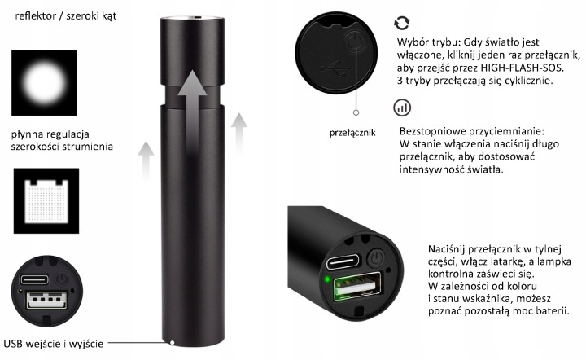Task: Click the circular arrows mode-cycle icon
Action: [x=402, y=23]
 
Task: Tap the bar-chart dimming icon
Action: [x=402, y=108]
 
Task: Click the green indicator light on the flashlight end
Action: [x=327, y=279]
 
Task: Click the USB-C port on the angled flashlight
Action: [x=343, y=261]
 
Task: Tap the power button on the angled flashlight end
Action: [x=376, y=258]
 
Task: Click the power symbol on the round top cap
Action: [x=354, y=41]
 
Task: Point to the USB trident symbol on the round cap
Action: [x=335, y=68]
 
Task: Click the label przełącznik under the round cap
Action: [x=352, y=133]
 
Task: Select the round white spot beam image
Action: [x=44, y=82]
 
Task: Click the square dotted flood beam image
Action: [x=46, y=200]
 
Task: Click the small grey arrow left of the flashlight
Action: [x=146, y=160]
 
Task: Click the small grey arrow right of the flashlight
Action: [x=239, y=133]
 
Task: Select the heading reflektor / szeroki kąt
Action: [x=66, y=16]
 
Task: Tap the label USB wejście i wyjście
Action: [x=54, y=344]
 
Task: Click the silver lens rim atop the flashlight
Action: [x=192, y=18]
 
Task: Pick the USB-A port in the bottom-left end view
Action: [x=46, y=300]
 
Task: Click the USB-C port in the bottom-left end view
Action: [x=34, y=279]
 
